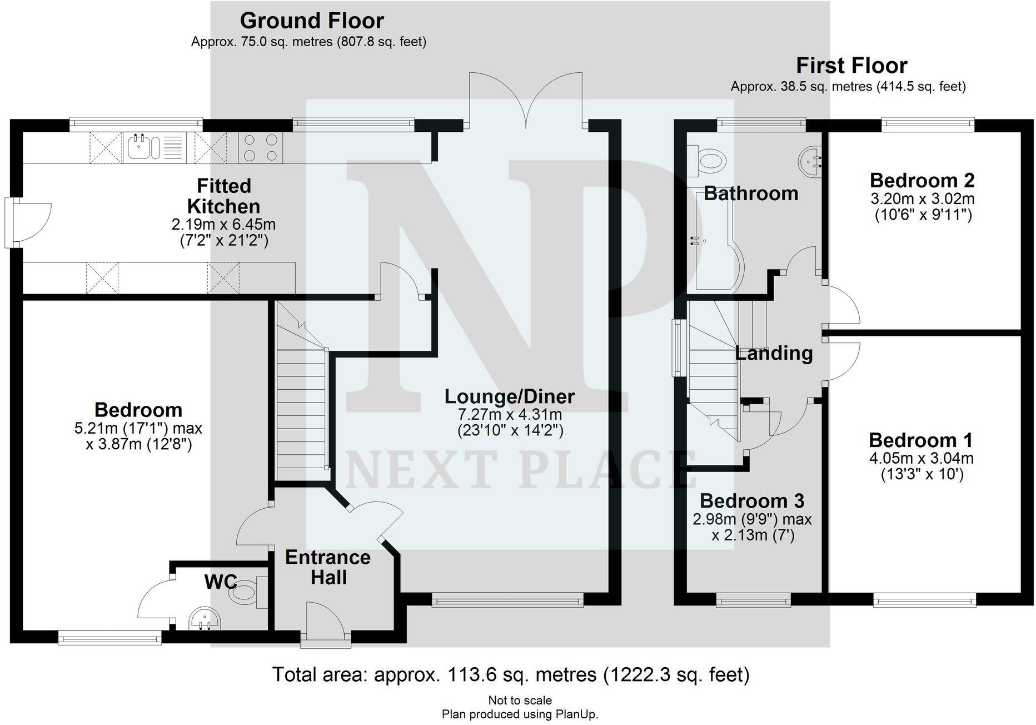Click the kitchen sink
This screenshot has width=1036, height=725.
coord(143,148)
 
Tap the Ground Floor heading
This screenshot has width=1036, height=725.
coord(312,21)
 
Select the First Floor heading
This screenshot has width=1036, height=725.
coord(851,66)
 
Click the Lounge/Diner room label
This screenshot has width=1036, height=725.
coord(510,396)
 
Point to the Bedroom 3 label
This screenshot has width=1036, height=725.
coord(751,501)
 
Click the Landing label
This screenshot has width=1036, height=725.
coord(774,353)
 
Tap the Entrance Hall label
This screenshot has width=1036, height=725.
coord(328,567)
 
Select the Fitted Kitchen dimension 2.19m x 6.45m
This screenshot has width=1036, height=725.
coord(224,225)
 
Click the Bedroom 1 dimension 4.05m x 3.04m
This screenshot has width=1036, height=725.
coord(921,459)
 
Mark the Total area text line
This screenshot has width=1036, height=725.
coord(511,674)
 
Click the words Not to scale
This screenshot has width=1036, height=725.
coord(520,701)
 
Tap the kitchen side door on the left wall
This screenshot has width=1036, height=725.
coord(13,222)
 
